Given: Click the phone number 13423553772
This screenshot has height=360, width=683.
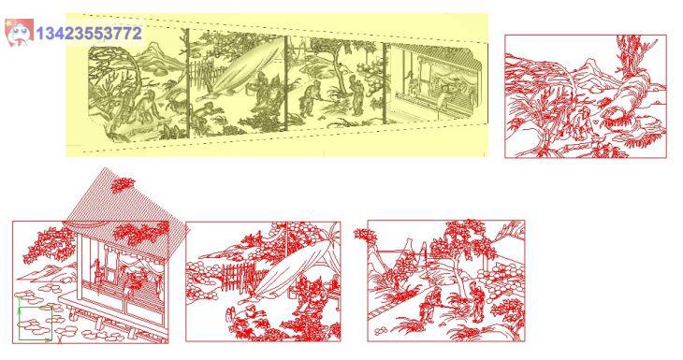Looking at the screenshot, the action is coord(89,34).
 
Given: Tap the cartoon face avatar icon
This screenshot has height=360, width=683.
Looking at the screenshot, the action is coord(19,32).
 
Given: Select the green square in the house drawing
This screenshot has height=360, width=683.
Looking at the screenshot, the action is coord(36,324).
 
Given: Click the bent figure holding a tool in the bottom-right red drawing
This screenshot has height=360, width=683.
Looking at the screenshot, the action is coord(431,305).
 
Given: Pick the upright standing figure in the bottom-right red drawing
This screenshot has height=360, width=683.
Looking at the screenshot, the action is coord(477,300).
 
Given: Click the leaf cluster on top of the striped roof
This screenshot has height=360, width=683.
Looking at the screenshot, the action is coord(122,185).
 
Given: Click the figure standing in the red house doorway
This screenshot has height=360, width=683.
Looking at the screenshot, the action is coord(97,275).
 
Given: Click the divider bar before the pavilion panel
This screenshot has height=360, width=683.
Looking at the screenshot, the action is coord(385,82).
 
